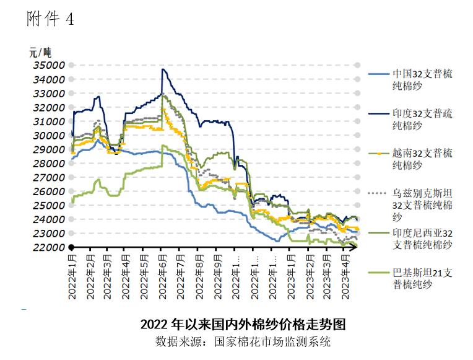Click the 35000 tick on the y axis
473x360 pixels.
(48, 65)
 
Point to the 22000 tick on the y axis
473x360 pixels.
(48, 247)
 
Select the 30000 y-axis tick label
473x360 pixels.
(48, 135)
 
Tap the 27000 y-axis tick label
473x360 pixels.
(48, 177)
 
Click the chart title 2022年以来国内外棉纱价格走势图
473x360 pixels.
(243, 325)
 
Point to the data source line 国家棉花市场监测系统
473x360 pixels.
(243, 341)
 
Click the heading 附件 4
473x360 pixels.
(50, 19)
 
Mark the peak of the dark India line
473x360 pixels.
(162, 69)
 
